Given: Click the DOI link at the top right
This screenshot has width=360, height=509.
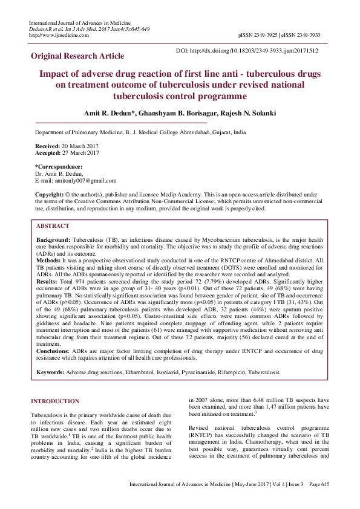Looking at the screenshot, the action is coord(246,51).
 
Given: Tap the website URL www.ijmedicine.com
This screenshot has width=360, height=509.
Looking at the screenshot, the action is coord(61,35).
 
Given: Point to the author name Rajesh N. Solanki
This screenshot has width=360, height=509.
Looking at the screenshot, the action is coord(251,113).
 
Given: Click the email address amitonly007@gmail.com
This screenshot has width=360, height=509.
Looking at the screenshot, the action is coord(84,180).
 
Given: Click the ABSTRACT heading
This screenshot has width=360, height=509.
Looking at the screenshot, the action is coord(53,225).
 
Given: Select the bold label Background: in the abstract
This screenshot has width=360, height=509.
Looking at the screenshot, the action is coord(53,240).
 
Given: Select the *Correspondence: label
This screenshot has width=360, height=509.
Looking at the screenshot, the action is coord(59,166).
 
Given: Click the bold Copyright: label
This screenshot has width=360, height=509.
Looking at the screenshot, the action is coord(49,194).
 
